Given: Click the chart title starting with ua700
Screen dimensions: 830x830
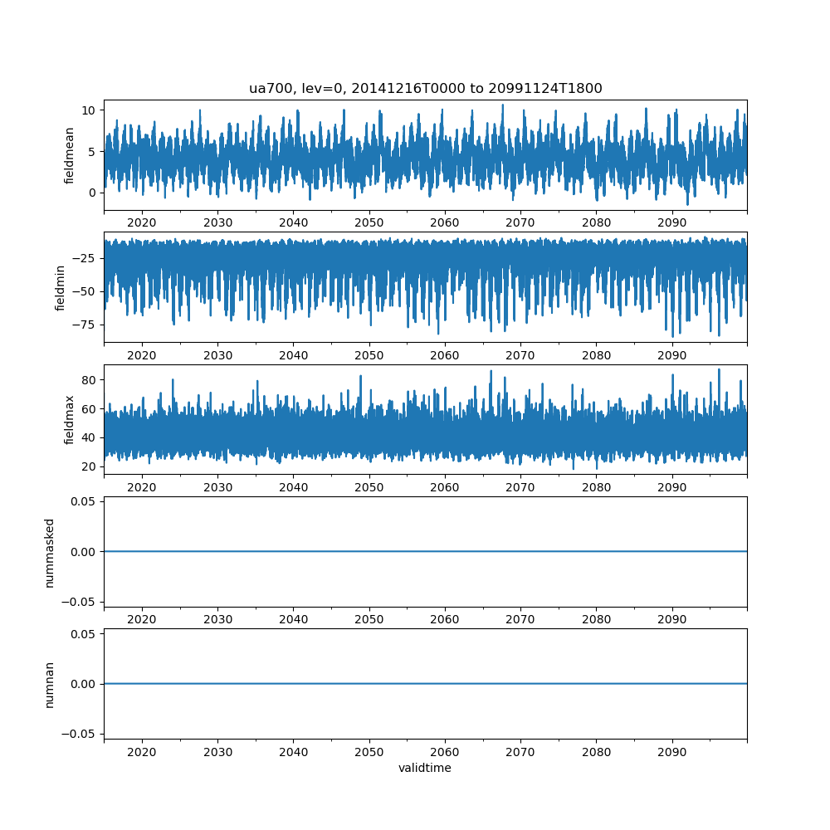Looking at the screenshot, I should [x=425, y=88].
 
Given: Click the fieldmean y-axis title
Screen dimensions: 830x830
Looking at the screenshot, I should [x=70, y=154].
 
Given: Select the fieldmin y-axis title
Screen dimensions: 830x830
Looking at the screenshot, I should [x=60, y=287].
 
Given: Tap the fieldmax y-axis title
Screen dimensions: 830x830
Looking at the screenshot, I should [x=70, y=419].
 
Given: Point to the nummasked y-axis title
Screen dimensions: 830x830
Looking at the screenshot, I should [x=49, y=552].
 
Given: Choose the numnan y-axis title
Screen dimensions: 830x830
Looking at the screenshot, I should [x=49, y=684].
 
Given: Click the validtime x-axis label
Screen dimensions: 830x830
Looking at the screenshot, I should [x=425, y=769].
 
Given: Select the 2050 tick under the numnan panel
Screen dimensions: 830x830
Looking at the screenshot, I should [x=369, y=752].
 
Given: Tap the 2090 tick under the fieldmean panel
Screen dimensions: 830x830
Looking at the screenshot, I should [x=672, y=222].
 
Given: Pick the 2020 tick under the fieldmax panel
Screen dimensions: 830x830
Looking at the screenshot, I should [x=142, y=487].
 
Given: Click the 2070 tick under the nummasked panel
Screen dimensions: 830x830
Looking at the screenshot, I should [x=520, y=620].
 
